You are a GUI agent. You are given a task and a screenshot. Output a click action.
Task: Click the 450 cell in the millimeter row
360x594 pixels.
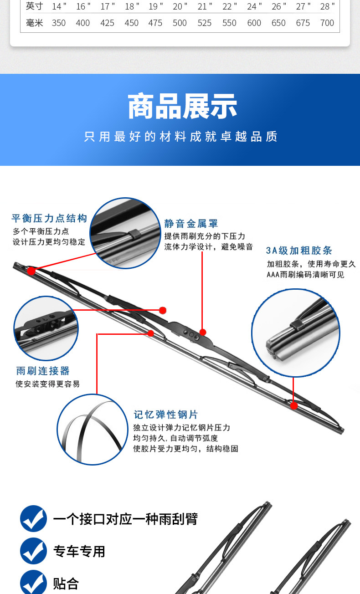[x=131, y=23]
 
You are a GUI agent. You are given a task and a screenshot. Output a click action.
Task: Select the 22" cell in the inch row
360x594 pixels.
[x=230, y=6]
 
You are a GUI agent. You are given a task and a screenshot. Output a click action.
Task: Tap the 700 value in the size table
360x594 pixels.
[x=327, y=23]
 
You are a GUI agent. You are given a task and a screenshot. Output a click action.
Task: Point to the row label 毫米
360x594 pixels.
[x=35, y=23]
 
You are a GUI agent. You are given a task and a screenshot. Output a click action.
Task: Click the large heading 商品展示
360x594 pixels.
[x=182, y=106]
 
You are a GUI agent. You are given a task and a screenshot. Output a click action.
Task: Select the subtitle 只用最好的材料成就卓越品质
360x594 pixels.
[x=180, y=137]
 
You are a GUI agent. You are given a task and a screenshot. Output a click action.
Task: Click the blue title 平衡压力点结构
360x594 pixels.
[x=49, y=218]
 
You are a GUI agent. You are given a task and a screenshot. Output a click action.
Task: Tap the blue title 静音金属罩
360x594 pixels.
[x=191, y=224]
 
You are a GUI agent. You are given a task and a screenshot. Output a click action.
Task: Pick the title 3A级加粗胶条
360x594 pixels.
[x=299, y=251]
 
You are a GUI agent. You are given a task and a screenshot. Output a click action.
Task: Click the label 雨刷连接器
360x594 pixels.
[x=43, y=371]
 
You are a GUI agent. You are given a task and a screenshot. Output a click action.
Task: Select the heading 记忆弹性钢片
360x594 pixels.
[x=166, y=415]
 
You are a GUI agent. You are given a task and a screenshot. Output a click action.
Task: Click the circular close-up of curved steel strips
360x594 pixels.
[x=93, y=429]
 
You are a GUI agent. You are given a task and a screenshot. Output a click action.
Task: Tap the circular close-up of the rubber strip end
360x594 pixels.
[x=296, y=333]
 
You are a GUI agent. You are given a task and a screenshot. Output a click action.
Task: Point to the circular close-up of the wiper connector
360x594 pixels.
[x=46, y=328]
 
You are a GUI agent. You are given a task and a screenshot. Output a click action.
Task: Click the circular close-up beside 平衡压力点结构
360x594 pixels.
[x=125, y=233]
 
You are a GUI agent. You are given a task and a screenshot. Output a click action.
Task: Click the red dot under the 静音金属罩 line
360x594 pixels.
[x=203, y=332]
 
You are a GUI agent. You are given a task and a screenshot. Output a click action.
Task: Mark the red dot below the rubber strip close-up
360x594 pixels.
[x=293, y=405]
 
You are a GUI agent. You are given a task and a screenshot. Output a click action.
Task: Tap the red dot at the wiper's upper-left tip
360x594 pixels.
[x=31, y=271]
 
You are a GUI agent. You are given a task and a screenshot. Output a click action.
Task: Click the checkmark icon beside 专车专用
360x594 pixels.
[x=33, y=551]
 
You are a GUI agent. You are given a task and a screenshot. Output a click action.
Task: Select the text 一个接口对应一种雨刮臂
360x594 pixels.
[x=125, y=519]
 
